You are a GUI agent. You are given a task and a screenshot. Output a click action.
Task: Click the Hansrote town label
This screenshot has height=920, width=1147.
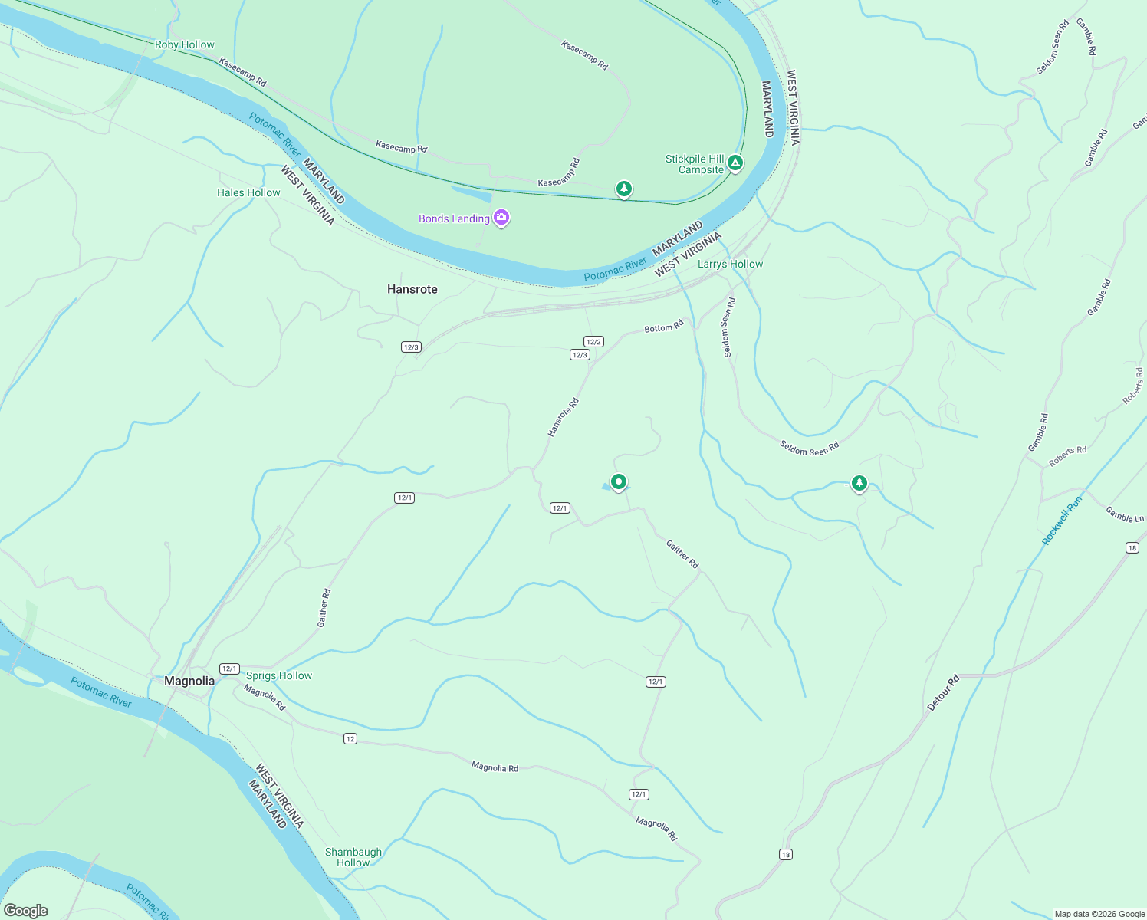412,289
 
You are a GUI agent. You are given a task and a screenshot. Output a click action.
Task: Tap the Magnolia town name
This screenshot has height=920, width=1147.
189,681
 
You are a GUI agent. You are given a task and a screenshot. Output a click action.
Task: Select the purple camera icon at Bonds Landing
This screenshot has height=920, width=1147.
501,218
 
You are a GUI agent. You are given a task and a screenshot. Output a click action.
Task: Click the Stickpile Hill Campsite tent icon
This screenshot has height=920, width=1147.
735,163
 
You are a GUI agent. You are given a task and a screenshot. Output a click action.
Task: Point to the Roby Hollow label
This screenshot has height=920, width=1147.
185,44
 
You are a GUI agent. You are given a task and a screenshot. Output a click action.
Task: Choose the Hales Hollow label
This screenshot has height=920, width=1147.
248,192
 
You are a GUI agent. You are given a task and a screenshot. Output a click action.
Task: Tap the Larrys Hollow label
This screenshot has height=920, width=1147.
730,264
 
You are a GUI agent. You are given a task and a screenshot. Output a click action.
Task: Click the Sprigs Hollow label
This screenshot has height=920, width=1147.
279,675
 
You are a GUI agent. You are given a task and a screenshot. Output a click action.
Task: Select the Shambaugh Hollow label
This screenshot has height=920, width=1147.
353,857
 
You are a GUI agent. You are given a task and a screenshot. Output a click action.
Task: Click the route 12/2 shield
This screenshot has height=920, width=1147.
593,342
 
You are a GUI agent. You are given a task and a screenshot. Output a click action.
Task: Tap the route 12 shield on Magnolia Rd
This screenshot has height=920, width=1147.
350,739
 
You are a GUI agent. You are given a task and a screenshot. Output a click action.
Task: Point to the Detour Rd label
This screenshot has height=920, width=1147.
943,693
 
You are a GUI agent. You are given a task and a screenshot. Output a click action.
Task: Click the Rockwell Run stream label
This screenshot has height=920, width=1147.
1062,521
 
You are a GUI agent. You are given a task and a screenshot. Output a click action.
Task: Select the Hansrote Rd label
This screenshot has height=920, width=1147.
563,418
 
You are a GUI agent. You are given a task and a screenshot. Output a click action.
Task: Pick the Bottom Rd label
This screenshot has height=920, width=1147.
663,327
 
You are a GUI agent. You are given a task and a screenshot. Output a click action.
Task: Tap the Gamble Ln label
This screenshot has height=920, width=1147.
1125,514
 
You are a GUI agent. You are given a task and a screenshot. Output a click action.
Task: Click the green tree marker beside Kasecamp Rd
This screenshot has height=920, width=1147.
624,188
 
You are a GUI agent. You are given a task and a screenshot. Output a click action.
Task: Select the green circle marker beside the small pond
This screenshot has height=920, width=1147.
619,481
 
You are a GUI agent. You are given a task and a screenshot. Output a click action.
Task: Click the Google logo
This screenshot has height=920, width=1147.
26,910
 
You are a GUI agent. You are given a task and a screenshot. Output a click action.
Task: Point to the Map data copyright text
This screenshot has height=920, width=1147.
1099,914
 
